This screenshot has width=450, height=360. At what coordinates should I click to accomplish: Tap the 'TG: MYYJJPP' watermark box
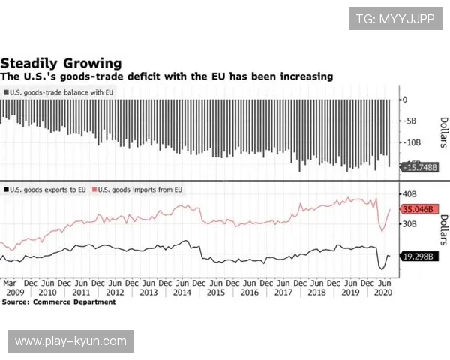pos(395,18)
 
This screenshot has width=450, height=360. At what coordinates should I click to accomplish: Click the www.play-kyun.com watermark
pos(71,341)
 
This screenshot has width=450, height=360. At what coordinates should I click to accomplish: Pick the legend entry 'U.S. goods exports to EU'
pos(44,190)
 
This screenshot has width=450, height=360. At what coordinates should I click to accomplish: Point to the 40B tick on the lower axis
pos(411,194)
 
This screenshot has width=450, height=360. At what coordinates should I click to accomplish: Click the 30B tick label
pos(411,223)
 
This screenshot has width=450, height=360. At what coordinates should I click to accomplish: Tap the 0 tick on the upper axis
pos(405,99)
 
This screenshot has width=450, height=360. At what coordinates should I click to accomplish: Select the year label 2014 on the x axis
pos(181,292)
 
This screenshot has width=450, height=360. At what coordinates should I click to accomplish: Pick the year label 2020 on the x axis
pos(383,292)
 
